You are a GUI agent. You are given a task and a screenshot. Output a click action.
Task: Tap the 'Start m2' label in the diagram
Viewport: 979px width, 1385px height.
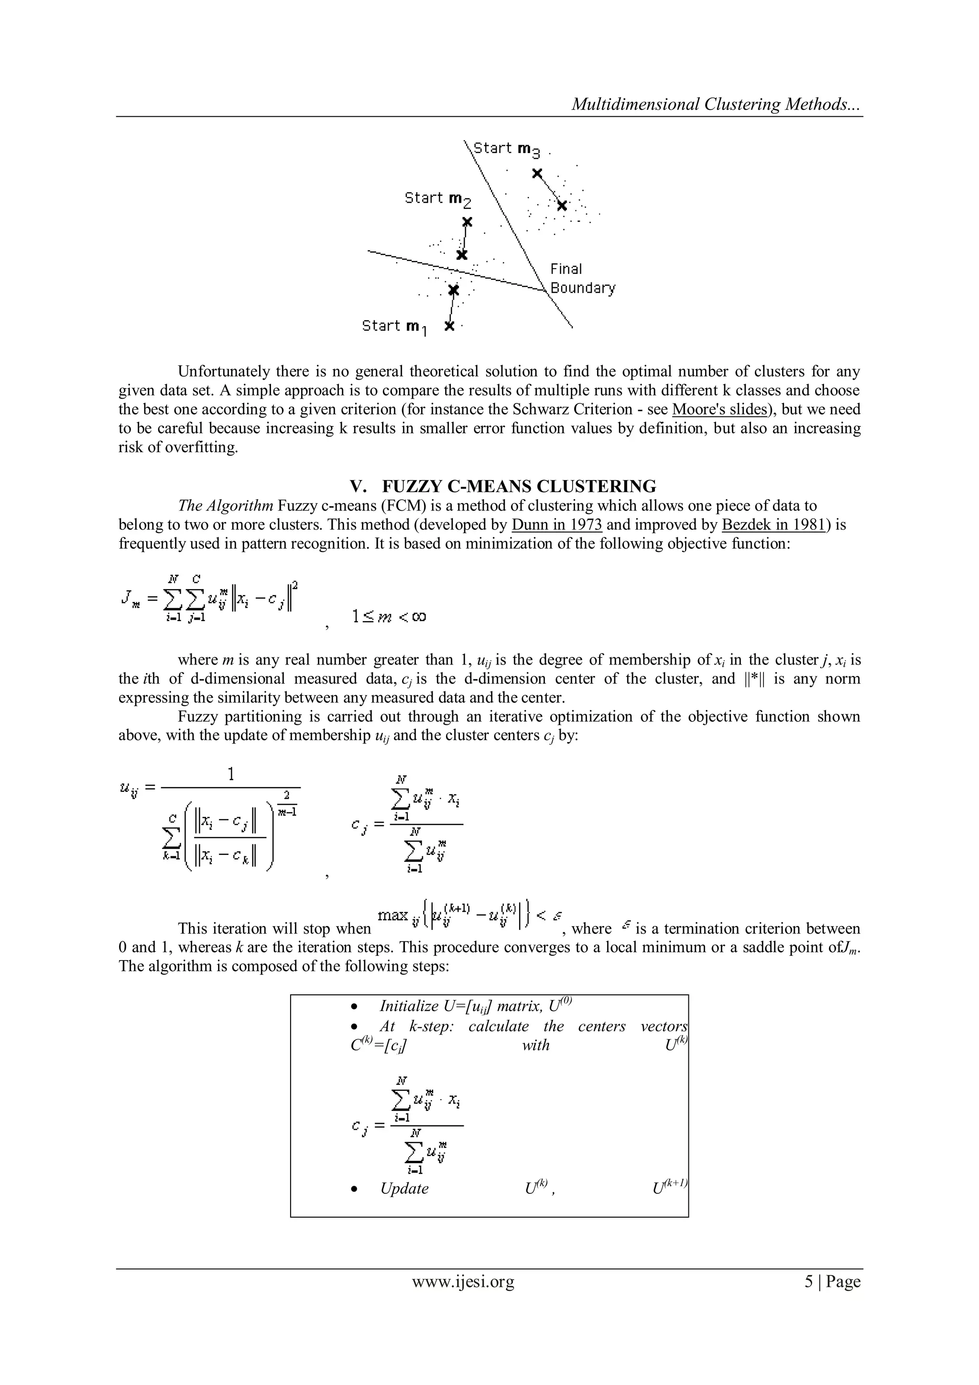[438, 198]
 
